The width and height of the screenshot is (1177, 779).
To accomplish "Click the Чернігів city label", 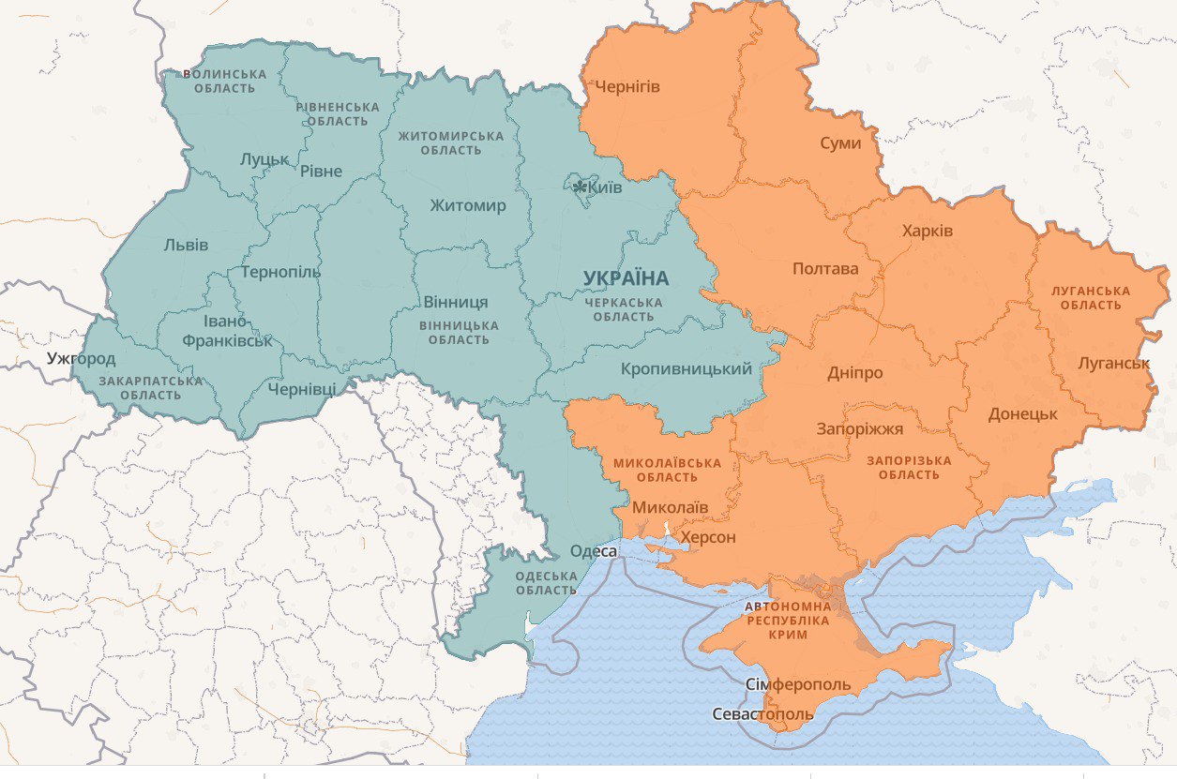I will tap(627, 87).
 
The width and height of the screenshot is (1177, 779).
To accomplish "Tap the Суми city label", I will tap(840, 143).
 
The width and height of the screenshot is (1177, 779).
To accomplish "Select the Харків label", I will tap(927, 231).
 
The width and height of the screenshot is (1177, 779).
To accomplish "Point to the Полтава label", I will tap(825, 269).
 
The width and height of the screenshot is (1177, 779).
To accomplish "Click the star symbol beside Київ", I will tap(580, 187).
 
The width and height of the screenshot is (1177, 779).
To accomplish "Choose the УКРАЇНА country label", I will tap(626, 278).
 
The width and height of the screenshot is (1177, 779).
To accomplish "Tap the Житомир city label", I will tap(467, 206).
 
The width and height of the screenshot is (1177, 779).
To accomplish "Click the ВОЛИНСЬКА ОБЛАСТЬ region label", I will tap(224, 82).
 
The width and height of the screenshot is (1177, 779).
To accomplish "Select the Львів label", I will tap(186, 246).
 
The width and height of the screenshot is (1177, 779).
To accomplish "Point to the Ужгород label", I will tap(82, 359).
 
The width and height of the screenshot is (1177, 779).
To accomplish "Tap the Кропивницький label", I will tap(686, 369).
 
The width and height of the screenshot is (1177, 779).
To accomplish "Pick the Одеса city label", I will tap(594, 551).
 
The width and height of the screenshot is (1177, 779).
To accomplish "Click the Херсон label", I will tap(708, 538).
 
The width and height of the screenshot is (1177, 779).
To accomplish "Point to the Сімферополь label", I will tap(798, 684).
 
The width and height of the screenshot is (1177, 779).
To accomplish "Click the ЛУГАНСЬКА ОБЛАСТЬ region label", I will tap(1091, 298).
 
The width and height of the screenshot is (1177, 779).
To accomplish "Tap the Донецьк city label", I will tap(1022, 414).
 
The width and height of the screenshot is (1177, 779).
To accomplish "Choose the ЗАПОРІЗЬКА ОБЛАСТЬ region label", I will tap(908, 468).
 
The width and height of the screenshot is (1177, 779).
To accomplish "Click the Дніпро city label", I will tap(854, 373).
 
